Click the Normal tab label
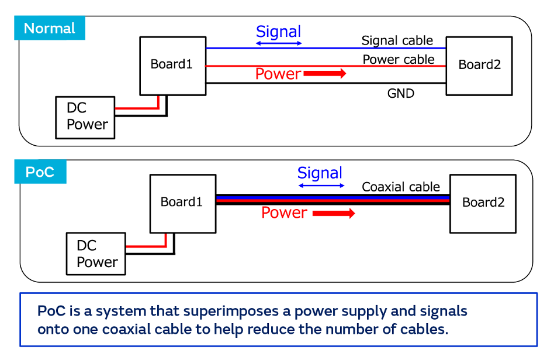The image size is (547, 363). pyautogui.click(x=50, y=28)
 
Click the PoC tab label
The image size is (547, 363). pyautogui.click(x=40, y=172)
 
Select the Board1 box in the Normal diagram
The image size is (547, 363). pyautogui.click(x=172, y=65)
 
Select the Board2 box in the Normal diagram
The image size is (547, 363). pyautogui.click(x=479, y=65)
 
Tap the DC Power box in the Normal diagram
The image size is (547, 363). pyautogui.click(x=85, y=117)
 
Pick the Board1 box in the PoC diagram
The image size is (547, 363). pyautogui.click(x=182, y=203)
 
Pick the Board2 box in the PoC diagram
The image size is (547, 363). pyautogui.click(x=483, y=203)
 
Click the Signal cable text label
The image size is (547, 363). pyautogui.click(x=397, y=40)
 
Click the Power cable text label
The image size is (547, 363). pyautogui.click(x=399, y=59)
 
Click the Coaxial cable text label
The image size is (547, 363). pyautogui.click(x=401, y=187)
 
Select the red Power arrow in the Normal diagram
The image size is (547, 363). pyautogui.click(x=325, y=74)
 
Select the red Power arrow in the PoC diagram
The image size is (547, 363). pyautogui.click(x=334, y=214)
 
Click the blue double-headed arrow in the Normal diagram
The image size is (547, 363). pyautogui.click(x=279, y=44)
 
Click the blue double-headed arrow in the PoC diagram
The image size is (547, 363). pyautogui.click(x=321, y=186)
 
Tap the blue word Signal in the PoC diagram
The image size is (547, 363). pyautogui.click(x=320, y=173)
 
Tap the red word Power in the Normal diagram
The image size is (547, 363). pyautogui.click(x=278, y=74)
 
